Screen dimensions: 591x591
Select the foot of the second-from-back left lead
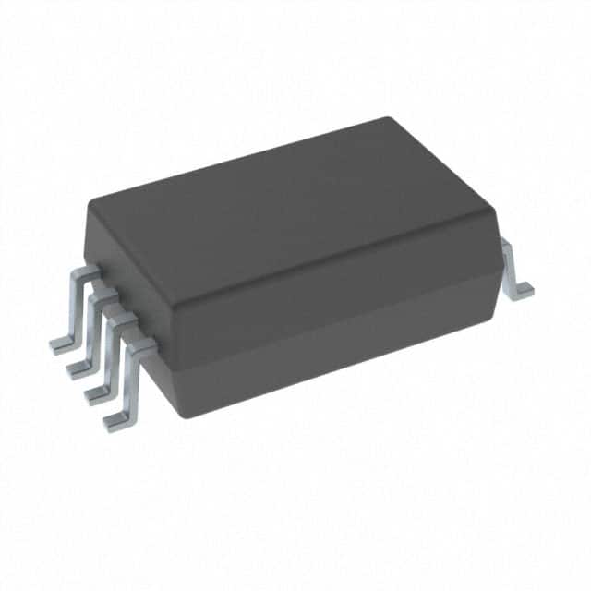point(78,369)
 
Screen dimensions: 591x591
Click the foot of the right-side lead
point(524,290)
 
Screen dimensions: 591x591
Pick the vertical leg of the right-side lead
point(512,263)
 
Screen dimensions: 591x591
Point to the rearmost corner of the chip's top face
point(387,120)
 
